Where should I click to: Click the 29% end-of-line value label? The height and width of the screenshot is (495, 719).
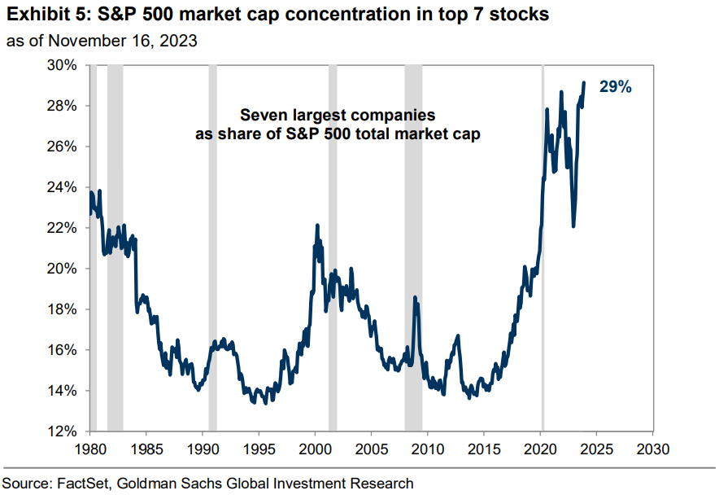pos(615,87)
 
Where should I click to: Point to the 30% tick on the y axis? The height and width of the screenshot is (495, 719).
pos(67,65)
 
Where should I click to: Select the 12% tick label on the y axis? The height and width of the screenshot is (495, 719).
pos(67,431)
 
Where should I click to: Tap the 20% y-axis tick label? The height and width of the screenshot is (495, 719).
pos(67,269)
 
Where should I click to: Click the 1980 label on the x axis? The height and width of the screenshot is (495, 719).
pos(89,449)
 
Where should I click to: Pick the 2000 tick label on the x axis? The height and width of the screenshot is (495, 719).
pos(315,449)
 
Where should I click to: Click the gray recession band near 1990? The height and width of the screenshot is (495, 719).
pos(212,244)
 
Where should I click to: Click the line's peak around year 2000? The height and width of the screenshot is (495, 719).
pos(317,226)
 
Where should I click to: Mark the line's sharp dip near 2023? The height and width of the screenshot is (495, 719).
pos(573,226)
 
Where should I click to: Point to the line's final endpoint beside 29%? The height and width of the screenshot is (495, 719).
pos(584,82)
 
